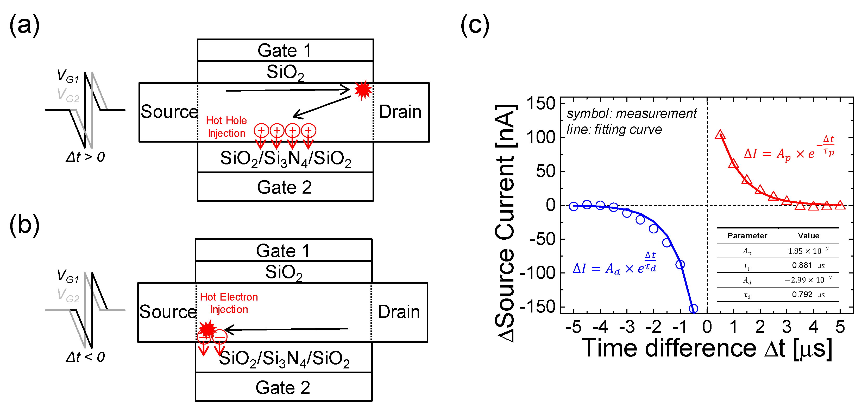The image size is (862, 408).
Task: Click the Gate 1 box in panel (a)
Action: click(285, 50)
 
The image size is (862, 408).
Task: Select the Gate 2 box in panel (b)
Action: click(283, 387)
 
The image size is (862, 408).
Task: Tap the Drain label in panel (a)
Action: click(400, 112)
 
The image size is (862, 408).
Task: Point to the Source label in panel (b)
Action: click(168, 312)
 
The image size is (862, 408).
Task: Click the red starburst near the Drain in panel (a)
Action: click(363, 90)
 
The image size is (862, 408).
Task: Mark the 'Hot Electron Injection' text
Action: click(229, 303)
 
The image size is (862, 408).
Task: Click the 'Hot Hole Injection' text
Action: click(226, 127)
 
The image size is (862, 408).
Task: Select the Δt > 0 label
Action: click(85, 157)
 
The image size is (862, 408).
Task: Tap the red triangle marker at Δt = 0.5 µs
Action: click(720, 135)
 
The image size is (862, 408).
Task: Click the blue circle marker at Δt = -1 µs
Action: click(680, 265)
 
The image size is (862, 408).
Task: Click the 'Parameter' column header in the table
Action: click(747, 235)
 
